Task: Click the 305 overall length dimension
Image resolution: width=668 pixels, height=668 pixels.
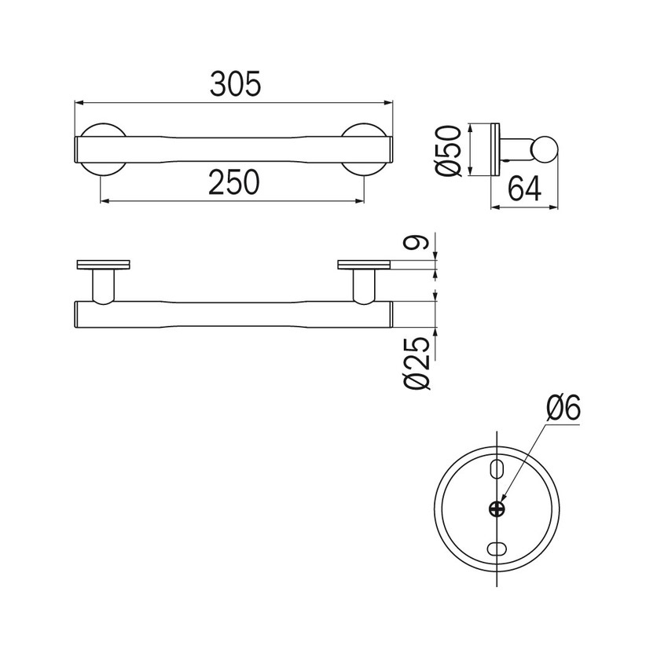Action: pos(234,83)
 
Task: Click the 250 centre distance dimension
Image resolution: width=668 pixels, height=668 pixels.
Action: pos(233,182)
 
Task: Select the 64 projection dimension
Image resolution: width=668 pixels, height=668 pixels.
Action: pos(525,189)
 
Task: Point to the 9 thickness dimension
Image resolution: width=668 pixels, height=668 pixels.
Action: pos(423,244)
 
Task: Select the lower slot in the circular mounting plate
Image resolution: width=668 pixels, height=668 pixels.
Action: pos(497,549)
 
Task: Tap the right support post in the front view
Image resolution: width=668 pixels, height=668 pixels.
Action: pos(364,285)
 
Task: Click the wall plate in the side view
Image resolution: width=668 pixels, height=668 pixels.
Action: pos(494,149)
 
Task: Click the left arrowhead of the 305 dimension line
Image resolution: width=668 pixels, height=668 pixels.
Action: pos(78,102)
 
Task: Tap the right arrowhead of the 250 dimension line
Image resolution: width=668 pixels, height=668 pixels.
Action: pos(361,201)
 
